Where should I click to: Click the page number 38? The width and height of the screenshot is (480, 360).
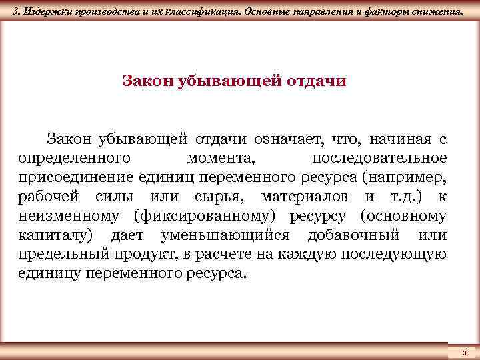465,351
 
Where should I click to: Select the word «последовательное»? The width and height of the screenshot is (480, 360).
379,158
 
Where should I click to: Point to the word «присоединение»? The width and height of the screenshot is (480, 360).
77,177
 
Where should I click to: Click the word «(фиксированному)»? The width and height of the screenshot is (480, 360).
211,216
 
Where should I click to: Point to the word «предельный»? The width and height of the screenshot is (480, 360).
57,255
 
